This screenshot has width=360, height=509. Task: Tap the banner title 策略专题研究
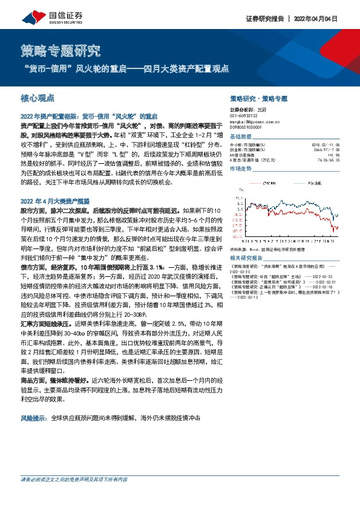[61, 48]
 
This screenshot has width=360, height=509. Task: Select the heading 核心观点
[38, 96]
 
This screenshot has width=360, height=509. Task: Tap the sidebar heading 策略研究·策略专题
[259, 98]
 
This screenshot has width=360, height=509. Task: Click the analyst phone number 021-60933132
[245, 117]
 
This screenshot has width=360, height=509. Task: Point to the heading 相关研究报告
[247, 259]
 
